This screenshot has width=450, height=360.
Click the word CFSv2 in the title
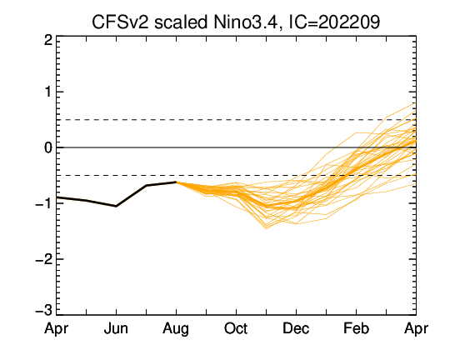120,22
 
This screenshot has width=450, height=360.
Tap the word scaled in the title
181,22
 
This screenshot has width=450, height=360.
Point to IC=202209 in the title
334,22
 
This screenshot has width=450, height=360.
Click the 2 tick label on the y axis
48,41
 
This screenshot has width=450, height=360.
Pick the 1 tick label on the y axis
49,92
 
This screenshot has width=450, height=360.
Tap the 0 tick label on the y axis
48,147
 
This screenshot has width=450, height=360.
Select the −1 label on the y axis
44,203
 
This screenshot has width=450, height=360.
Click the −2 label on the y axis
44,259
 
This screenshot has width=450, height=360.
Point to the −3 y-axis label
44,311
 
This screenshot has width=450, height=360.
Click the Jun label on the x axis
116,328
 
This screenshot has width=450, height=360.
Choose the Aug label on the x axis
176,329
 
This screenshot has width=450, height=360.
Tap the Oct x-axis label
236,328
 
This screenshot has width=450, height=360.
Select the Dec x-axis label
296,328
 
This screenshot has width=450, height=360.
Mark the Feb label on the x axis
356,328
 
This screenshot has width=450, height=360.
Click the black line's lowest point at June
116,206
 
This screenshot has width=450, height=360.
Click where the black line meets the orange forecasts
176,182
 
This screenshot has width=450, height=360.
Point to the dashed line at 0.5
236,120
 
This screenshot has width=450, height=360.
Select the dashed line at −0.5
236,175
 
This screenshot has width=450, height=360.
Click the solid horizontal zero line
236,147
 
